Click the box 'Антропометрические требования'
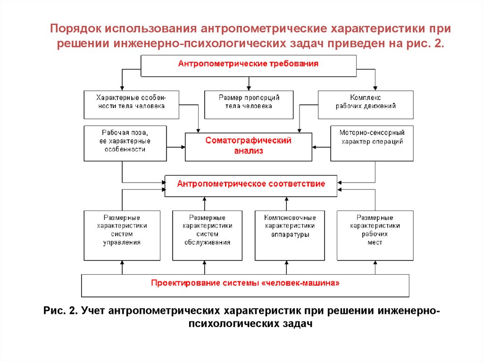248,65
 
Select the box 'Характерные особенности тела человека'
131,104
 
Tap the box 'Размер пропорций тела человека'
249,104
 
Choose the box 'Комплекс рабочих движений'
366,104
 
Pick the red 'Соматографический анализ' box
248,147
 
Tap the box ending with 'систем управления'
122,235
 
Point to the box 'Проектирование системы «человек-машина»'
245,285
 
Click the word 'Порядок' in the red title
76,29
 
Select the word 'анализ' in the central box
248,152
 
